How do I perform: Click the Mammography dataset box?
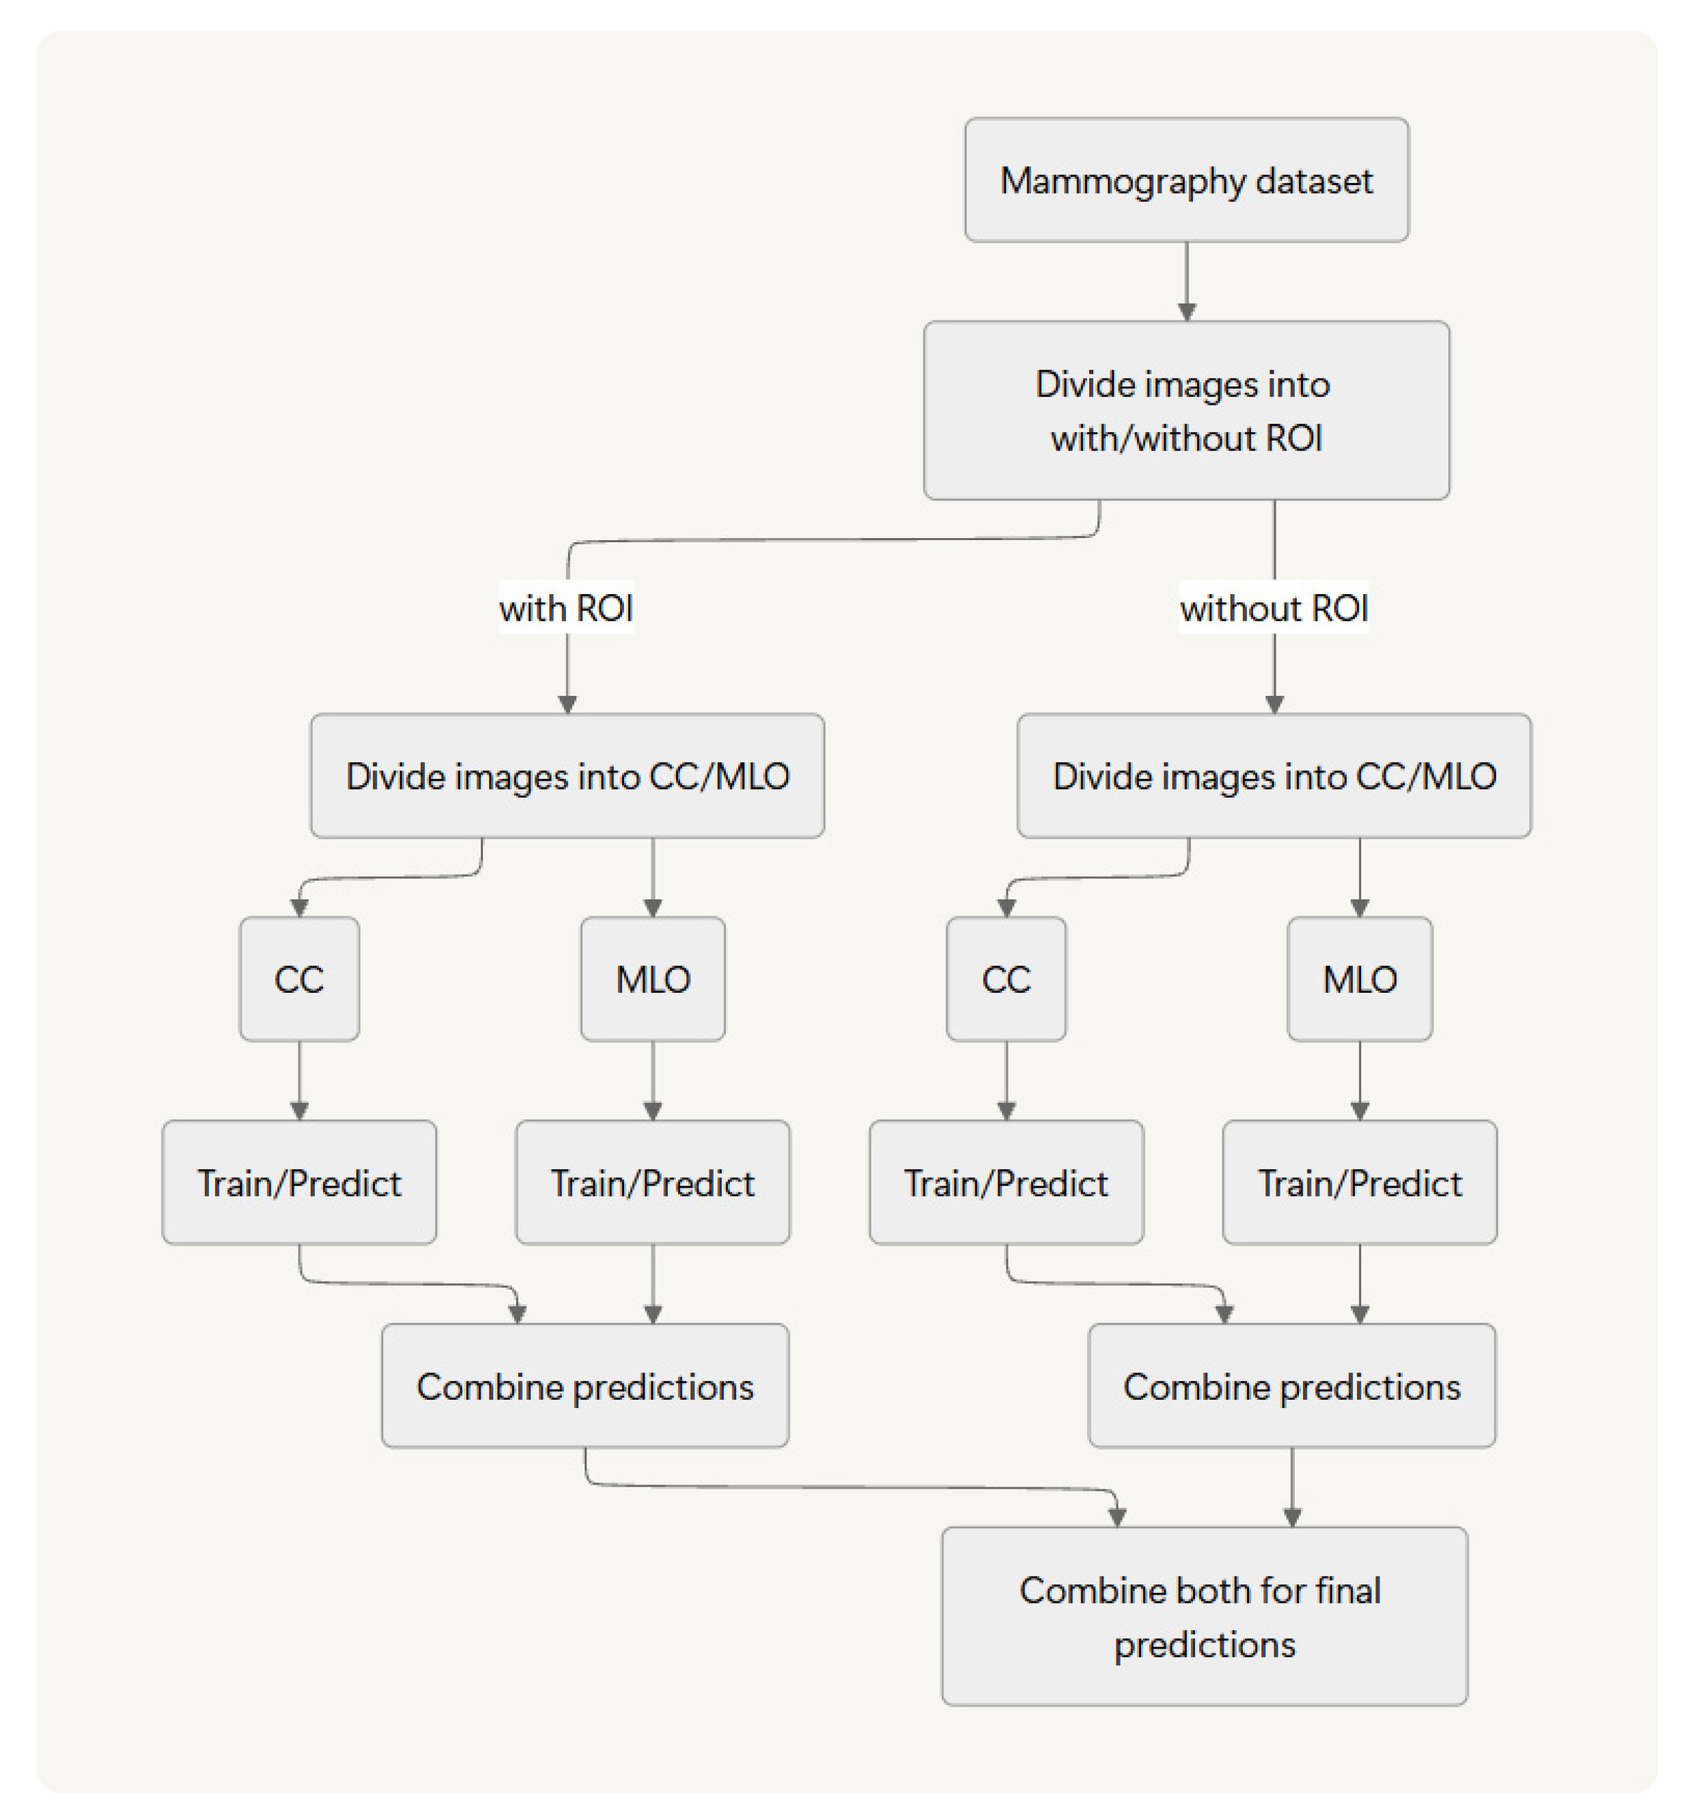(1186, 180)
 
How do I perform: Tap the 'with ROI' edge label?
(566, 608)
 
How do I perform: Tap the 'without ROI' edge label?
(1274, 608)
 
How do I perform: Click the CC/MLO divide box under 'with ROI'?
(567, 776)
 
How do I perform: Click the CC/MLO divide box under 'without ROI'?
(1274, 776)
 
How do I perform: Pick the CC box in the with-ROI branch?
(299, 979)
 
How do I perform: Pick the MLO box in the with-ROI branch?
(652, 979)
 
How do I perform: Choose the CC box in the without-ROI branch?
(1006, 979)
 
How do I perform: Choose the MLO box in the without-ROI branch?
(1360, 979)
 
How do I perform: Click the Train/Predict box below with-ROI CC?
(299, 1183)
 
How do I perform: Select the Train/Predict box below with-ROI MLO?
(652, 1183)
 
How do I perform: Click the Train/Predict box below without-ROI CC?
(1006, 1183)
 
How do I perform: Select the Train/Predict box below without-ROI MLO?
(1360, 1183)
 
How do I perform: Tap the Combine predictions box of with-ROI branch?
(585, 1386)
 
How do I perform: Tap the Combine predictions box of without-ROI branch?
(1291, 1386)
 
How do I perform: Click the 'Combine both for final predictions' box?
(1204, 1616)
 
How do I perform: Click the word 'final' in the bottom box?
(1348, 1590)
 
